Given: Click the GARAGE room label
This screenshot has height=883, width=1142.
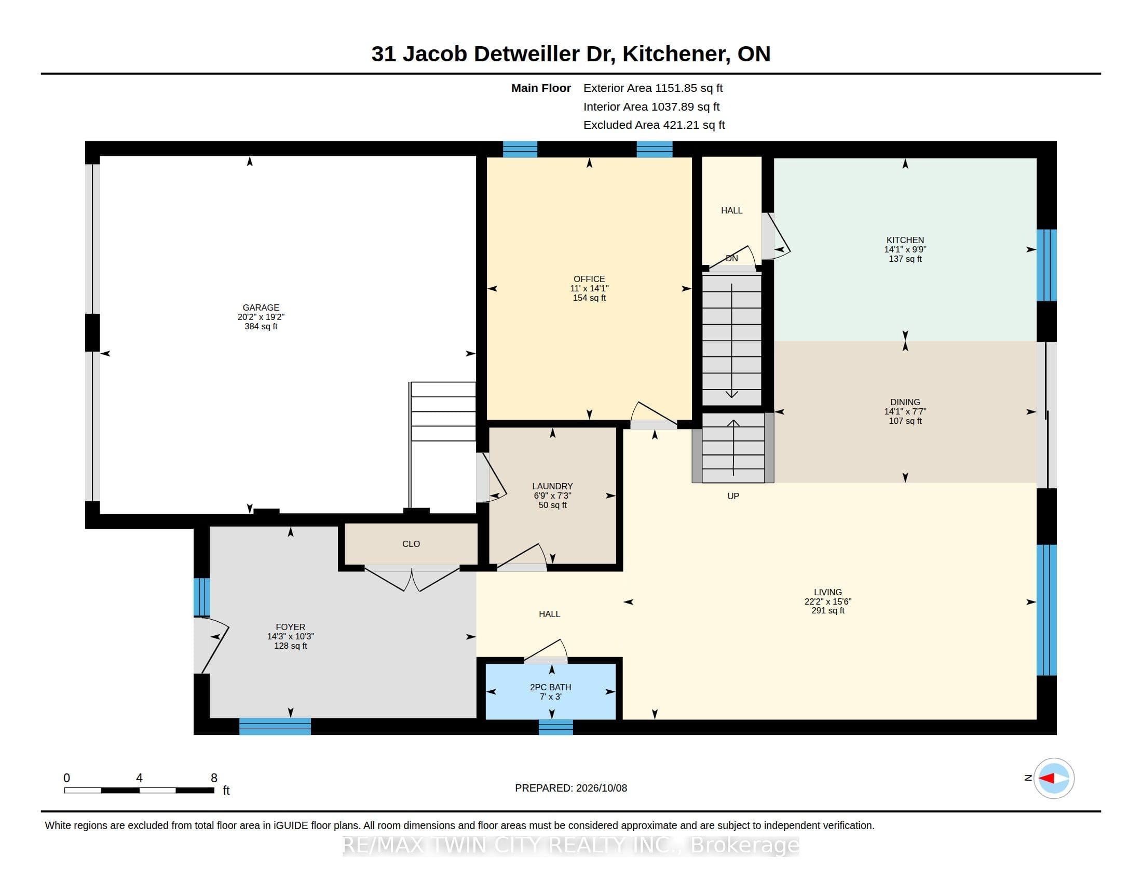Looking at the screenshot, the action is point(261,307).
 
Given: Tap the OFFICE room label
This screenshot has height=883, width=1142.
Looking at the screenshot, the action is point(589,279).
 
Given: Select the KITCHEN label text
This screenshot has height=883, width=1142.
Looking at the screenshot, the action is point(905,240).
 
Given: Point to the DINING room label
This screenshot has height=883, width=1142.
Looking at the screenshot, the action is point(905,402).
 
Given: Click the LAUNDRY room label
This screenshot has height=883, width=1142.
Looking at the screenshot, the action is point(553,486).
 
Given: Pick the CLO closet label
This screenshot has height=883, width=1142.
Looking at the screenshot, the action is point(411,544).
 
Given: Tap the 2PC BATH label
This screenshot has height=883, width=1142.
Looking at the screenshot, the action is point(551,687).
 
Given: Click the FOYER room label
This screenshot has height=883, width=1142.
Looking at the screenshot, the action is point(290,627).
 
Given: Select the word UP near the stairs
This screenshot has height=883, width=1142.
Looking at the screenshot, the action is point(733,496).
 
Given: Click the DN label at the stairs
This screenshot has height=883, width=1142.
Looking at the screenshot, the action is point(731,259).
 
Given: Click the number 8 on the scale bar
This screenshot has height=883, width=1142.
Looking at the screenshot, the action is point(214,778).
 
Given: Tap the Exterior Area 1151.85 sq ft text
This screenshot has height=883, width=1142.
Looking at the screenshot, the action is point(653,88).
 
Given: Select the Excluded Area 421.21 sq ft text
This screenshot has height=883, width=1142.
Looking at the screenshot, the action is point(654,125).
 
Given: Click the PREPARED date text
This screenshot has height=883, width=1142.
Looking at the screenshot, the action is point(571,788).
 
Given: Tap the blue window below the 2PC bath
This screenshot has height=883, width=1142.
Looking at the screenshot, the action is point(556,727).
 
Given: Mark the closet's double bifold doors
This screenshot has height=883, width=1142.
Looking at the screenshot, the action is point(412,578).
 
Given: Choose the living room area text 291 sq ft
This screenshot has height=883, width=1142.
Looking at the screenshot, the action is point(828,610).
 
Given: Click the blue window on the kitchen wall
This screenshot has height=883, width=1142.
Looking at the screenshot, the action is point(1046,265).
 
